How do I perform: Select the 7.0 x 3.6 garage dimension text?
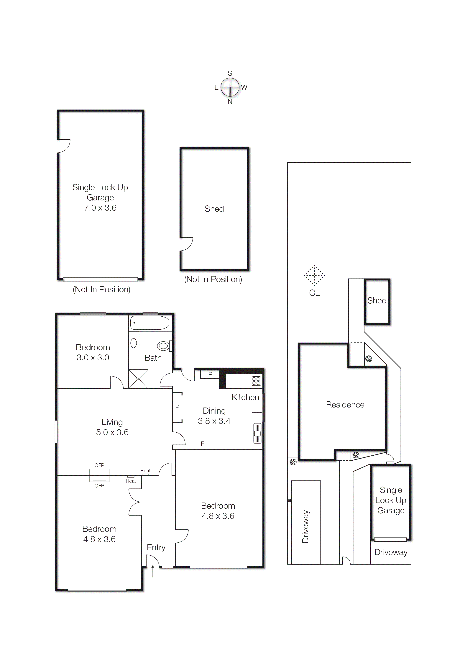100,208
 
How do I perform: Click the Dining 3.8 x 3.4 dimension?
214,421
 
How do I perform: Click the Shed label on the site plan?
377,301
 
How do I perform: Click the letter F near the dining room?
202,444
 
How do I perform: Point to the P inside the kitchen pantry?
210,374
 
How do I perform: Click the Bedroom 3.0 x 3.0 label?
93,352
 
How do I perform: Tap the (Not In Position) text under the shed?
213,279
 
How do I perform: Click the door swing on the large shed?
186,244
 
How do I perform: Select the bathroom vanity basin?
134,343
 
